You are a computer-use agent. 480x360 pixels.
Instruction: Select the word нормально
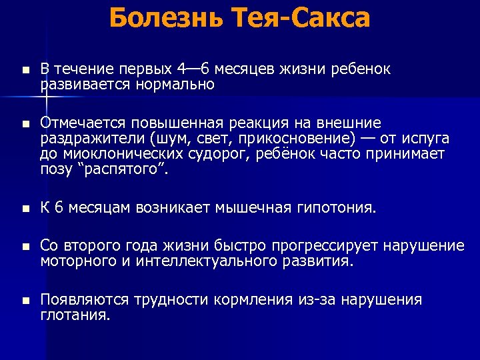176,84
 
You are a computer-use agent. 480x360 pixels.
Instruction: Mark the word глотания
75,315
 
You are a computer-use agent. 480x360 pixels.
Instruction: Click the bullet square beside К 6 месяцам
25,209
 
